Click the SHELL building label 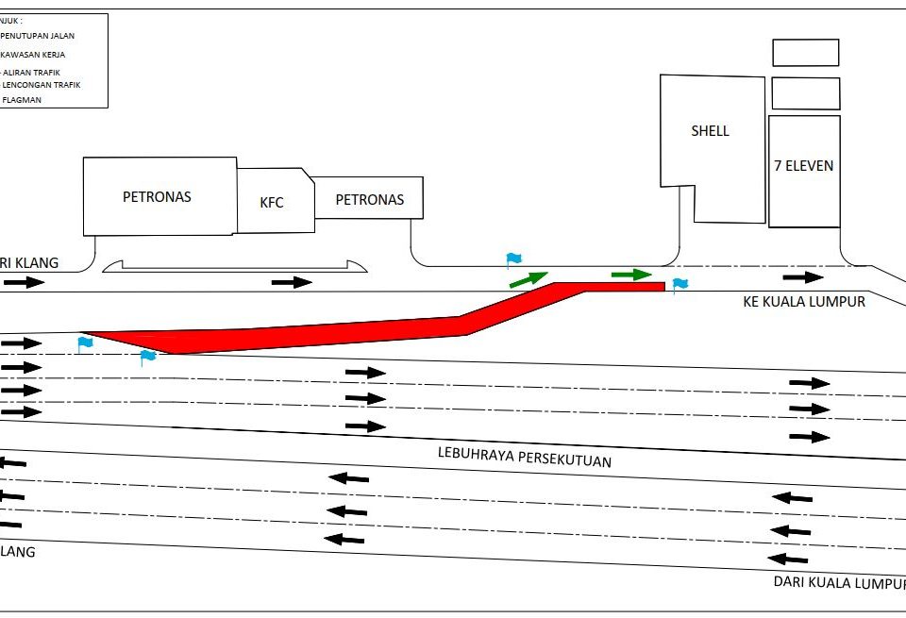tap(710, 131)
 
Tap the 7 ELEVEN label tap(803, 166)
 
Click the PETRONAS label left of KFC tap(157, 197)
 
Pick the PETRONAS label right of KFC tap(370, 199)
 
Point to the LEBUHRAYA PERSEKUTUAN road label tap(525, 456)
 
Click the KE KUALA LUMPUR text tap(804, 302)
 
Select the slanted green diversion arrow tap(528, 278)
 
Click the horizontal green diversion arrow tap(631, 275)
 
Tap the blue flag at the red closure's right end tap(679, 284)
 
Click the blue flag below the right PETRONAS tap(513, 259)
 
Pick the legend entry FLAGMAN tap(23, 99)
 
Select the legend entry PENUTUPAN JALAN tap(38, 36)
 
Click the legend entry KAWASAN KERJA tap(33, 55)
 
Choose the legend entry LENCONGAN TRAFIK tap(42, 85)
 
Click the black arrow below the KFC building tap(292, 281)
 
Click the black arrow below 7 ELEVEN tap(803, 277)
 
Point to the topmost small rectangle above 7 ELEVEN tap(805, 53)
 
